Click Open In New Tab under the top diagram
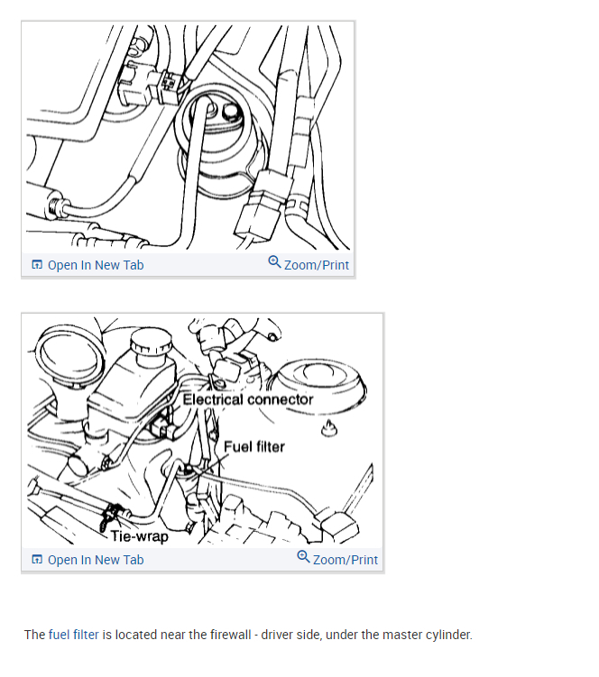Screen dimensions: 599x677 (x=96, y=265)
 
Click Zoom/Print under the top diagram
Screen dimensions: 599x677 (x=317, y=265)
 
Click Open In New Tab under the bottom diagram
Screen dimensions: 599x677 (x=96, y=560)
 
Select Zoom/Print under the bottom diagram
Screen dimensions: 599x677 (x=346, y=560)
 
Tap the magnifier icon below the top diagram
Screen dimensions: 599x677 (x=274, y=262)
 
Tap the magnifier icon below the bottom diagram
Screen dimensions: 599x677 (x=303, y=557)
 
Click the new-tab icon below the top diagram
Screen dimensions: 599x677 (x=37, y=265)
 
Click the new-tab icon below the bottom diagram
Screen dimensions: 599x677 (x=37, y=560)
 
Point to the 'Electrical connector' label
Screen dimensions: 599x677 (x=248, y=399)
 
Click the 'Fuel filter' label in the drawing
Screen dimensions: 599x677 (x=254, y=446)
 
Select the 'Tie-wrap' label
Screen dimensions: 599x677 (x=140, y=536)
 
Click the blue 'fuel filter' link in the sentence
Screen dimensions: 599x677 (x=73, y=635)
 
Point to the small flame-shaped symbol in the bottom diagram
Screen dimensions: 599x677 (x=329, y=428)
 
